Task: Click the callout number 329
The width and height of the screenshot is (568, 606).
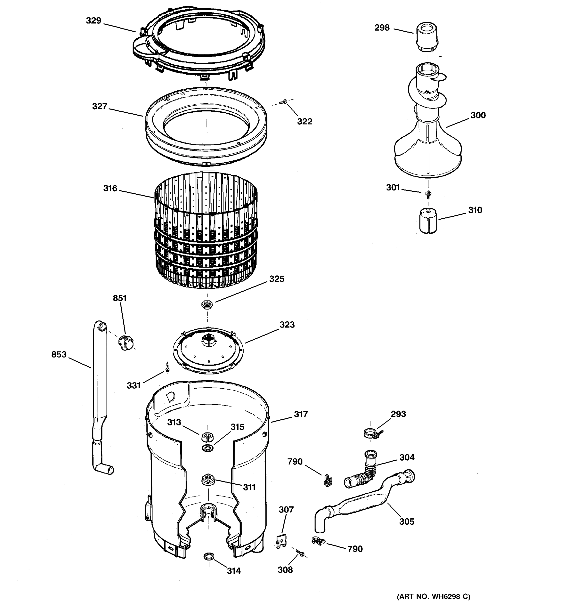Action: click(x=93, y=21)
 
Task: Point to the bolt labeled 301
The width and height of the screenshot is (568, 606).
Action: click(x=428, y=193)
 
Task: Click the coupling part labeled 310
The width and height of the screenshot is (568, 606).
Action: click(x=428, y=220)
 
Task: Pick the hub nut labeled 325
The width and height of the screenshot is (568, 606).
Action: click(x=207, y=304)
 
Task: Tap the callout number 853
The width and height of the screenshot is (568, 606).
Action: click(x=59, y=355)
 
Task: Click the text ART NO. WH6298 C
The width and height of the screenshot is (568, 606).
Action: click(x=433, y=596)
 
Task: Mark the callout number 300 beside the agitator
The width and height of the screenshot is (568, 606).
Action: click(x=478, y=115)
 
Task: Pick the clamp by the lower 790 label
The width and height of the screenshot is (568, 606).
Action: click(x=318, y=541)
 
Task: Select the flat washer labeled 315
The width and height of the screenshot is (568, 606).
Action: click(x=208, y=448)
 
